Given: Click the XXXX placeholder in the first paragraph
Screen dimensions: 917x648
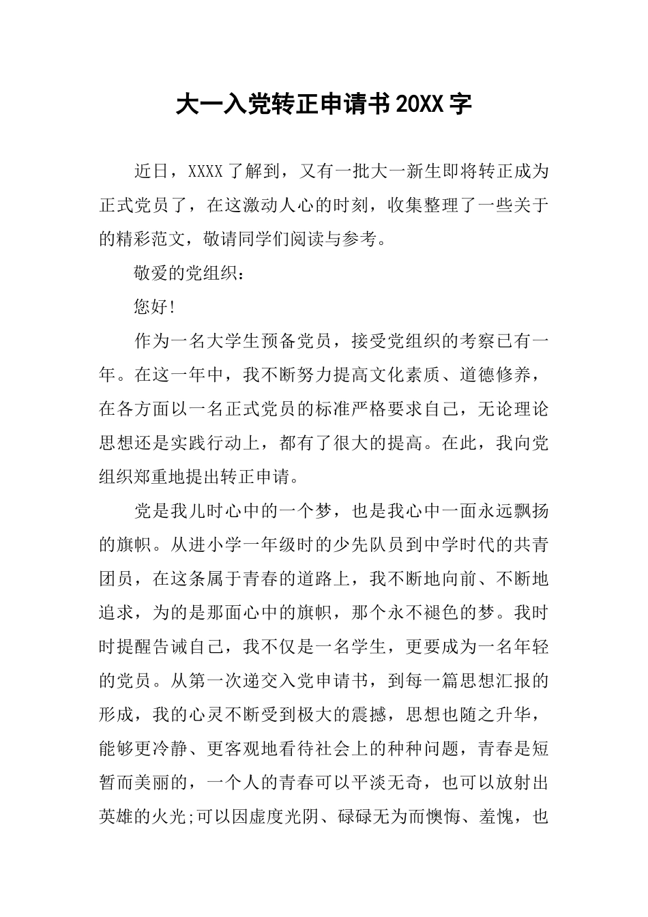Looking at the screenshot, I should coord(205,171).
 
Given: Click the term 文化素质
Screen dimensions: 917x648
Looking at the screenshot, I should coord(396,375).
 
